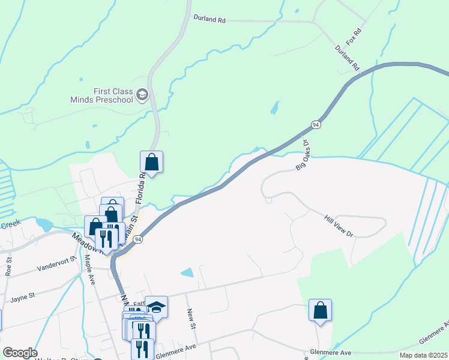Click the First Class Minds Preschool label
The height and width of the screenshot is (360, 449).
click(x=113, y=95)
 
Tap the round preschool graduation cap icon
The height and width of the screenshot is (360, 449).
click(x=142, y=95)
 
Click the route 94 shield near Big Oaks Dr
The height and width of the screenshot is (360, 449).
click(x=316, y=125)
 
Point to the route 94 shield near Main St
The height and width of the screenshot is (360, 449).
click(x=139, y=239)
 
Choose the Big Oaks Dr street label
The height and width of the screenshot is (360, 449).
click(x=302, y=155)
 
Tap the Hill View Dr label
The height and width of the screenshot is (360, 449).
click(x=340, y=226)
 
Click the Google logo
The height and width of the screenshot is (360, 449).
click(x=19, y=353)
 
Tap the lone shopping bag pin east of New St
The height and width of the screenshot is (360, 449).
click(x=320, y=311)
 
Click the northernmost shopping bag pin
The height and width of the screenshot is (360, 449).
click(x=152, y=162)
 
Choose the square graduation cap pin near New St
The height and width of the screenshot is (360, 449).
click(x=156, y=308)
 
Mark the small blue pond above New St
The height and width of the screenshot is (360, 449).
click(x=187, y=272)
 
